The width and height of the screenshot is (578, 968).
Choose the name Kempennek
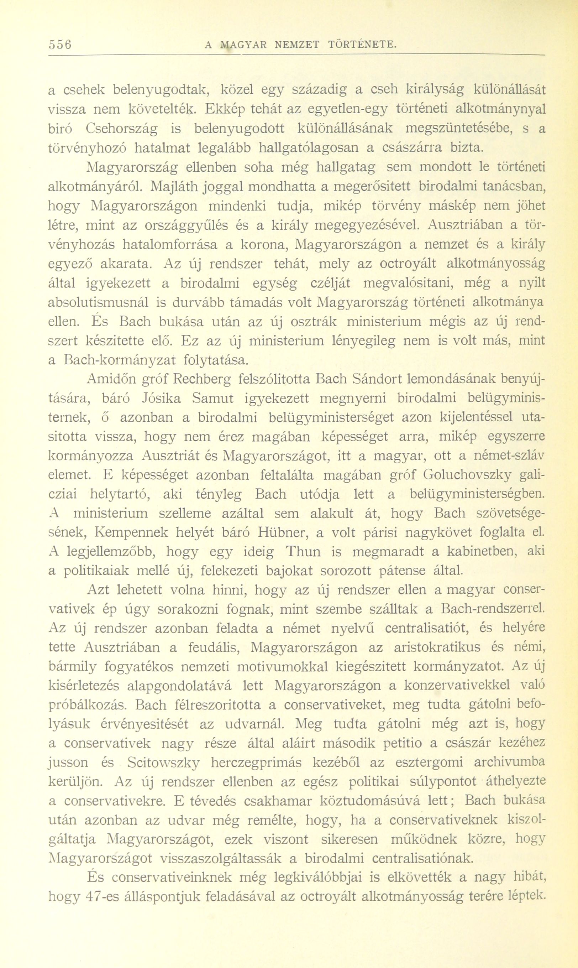(131, 533)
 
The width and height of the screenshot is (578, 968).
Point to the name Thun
(308, 552)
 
